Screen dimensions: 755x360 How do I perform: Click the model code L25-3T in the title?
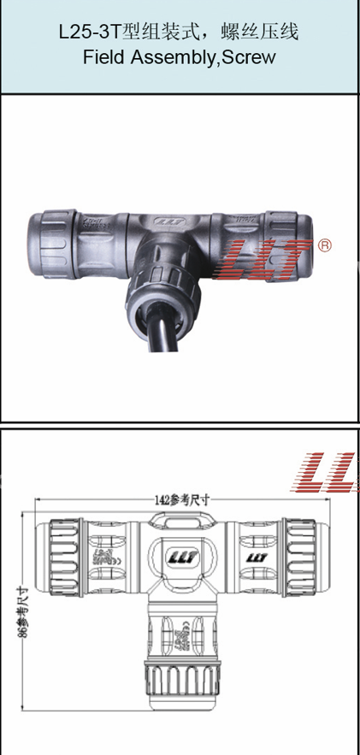click(88, 33)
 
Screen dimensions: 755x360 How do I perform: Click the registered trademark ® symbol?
click(324, 245)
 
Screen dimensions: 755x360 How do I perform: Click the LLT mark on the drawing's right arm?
click(257, 557)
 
